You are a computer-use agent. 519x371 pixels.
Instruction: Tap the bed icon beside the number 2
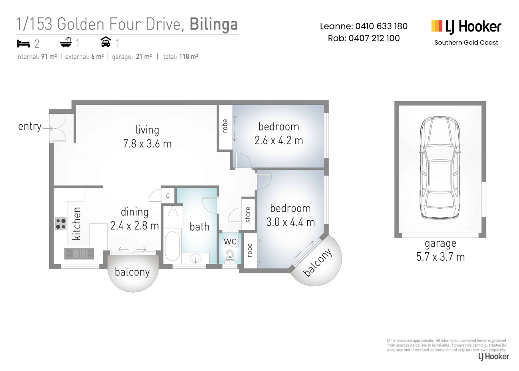23,44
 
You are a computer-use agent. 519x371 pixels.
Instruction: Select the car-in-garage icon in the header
105,42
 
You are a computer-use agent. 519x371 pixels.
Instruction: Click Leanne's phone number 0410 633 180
382,26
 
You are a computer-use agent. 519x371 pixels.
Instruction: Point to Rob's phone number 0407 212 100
374,38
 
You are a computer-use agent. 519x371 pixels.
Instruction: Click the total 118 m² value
188,57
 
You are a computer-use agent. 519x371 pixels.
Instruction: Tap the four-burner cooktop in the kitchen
61,224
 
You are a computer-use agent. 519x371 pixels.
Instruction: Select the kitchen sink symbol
79,253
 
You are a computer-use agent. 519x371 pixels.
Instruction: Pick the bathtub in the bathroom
172,246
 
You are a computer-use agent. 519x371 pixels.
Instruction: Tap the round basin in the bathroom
195,258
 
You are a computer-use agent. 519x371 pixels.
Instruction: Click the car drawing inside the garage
439,168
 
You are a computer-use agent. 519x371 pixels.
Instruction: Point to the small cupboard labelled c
168,195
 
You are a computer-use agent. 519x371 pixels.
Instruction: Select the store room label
248,214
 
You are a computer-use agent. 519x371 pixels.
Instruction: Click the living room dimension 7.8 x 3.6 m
147,144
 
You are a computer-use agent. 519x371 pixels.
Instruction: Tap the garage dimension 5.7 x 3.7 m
440,257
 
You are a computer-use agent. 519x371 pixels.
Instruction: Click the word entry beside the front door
30,127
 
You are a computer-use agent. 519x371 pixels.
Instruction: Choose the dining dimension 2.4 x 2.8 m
135,225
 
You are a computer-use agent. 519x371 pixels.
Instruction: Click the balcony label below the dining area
132,272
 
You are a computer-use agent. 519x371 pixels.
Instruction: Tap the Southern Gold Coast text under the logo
466,43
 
